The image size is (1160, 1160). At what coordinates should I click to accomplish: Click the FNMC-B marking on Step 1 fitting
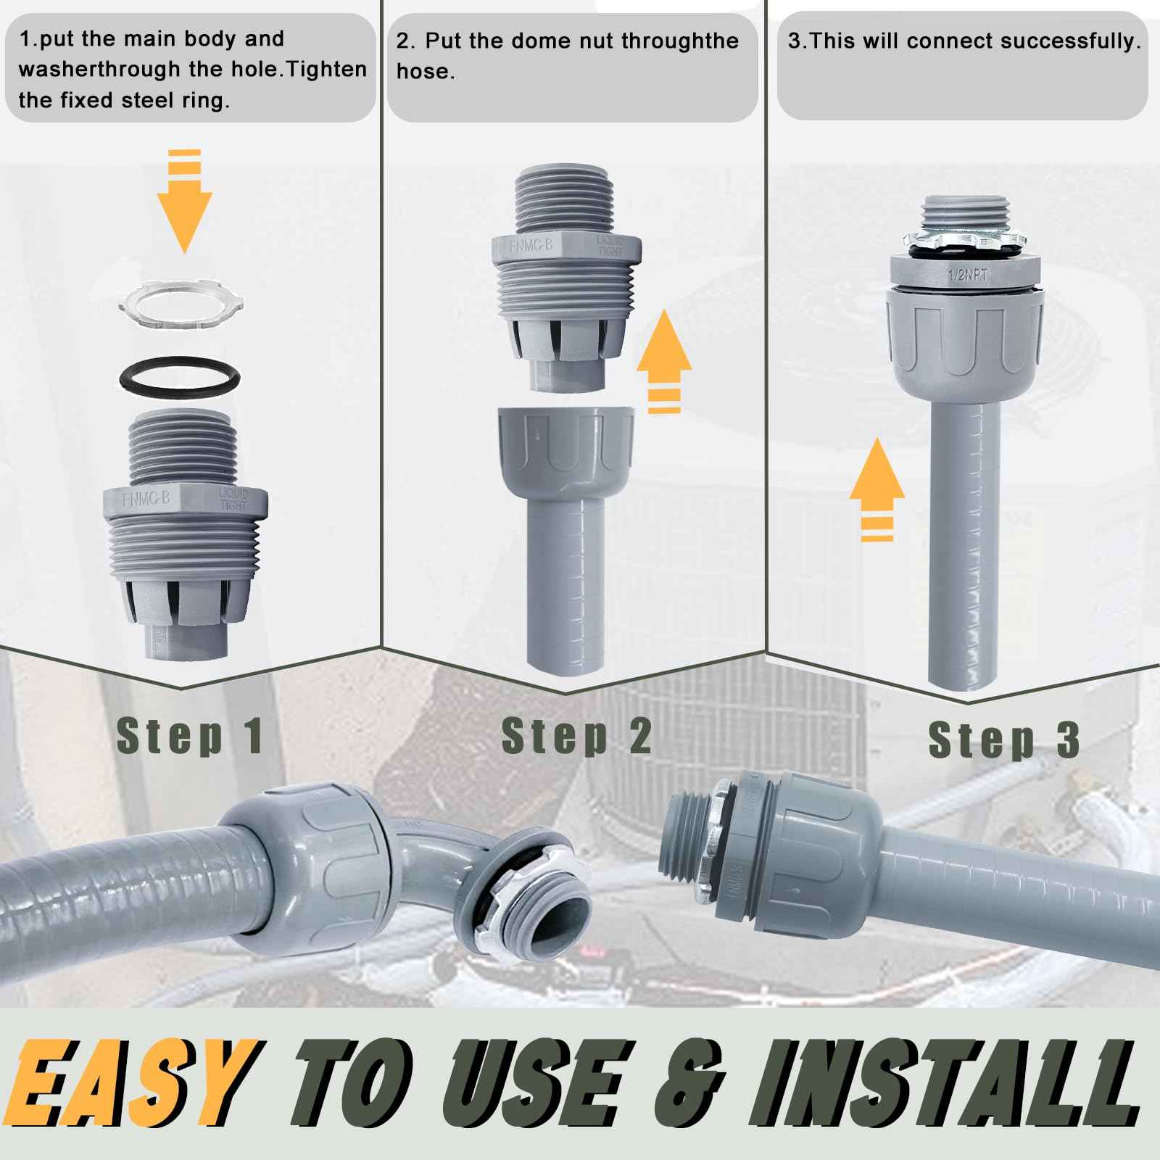point(146,500)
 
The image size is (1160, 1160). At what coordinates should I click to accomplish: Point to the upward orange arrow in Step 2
point(663,363)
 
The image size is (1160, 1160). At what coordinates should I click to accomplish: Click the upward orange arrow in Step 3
point(877,486)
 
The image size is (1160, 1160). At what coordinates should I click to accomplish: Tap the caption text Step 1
point(190,737)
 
